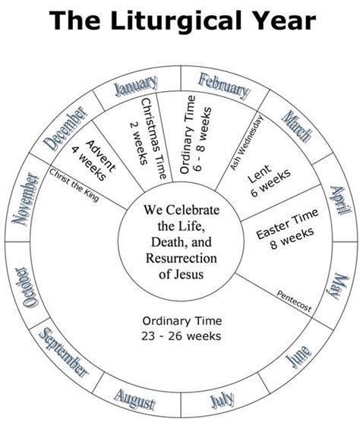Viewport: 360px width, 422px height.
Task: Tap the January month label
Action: [135, 85]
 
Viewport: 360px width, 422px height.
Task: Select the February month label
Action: [224, 85]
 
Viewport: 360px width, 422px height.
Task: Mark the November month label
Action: [26, 200]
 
